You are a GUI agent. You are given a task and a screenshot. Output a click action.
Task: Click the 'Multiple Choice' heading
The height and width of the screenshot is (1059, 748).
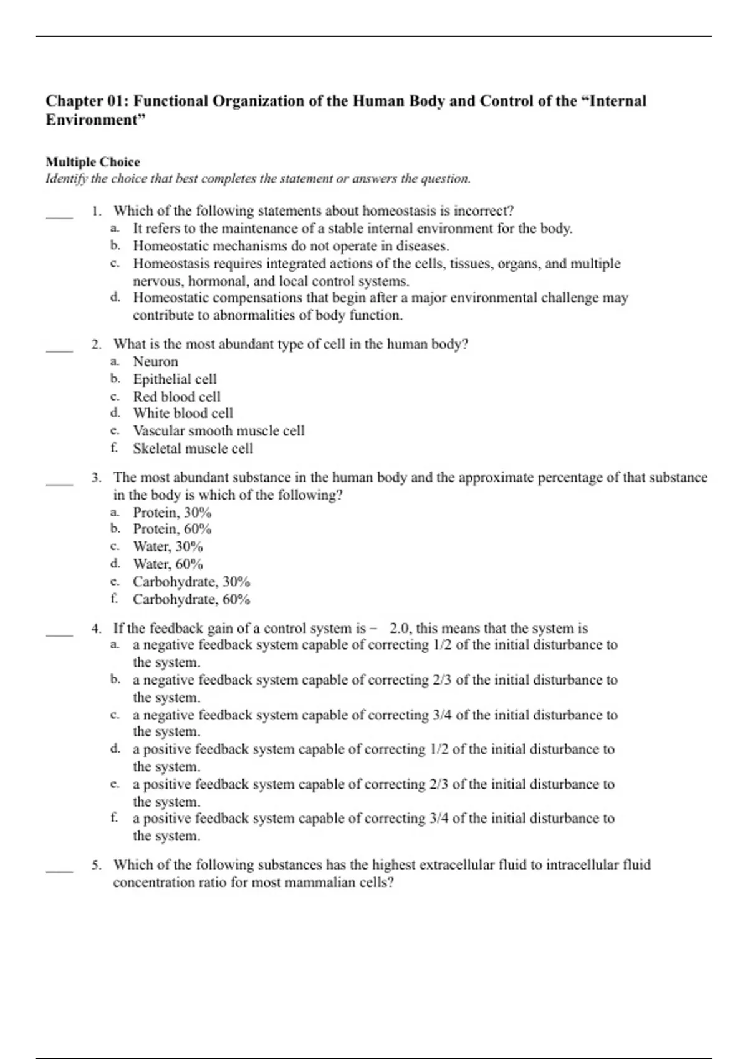pos(92,162)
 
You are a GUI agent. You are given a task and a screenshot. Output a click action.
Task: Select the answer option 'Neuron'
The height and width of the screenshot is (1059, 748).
pos(155,362)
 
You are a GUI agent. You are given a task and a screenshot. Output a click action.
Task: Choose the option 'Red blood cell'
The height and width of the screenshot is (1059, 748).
pos(176,397)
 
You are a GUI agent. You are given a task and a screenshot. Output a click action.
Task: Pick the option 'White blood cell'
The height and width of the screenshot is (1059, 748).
pos(183,413)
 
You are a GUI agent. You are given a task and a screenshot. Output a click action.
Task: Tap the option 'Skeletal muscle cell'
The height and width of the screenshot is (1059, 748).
pos(193,449)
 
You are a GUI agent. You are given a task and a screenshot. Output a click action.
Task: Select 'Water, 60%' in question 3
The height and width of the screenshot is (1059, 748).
pos(168,564)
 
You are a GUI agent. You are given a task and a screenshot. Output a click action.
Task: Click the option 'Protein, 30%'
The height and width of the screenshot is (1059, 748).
pos(172,513)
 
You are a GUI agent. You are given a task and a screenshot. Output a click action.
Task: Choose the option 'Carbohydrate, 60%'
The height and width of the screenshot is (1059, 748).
pos(191,600)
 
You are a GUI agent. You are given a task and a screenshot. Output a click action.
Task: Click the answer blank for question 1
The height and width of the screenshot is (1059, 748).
pos(59,216)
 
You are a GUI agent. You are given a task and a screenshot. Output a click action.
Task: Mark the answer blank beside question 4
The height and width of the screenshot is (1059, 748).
pos(59,634)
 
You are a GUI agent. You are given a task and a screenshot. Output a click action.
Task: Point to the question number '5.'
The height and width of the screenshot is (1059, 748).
pos(97,865)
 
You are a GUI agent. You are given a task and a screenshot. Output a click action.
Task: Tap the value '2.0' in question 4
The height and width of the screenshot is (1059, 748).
pos(400,629)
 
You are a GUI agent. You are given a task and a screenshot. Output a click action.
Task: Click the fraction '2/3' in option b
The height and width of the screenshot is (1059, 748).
pos(442,680)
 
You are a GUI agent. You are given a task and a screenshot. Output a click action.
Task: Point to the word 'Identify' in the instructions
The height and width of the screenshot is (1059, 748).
pos(67,179)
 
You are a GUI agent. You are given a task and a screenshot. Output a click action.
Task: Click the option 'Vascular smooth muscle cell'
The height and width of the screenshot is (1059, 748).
pos(218,431)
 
